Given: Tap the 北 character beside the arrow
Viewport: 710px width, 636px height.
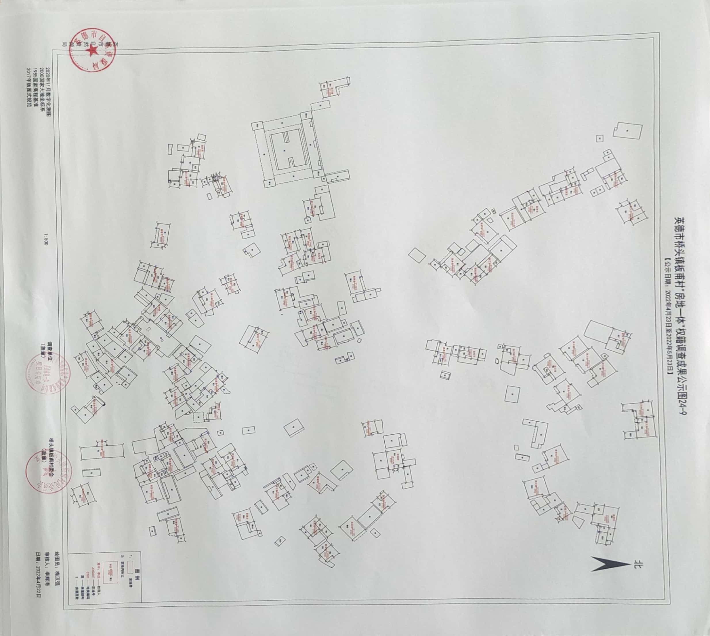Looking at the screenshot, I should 638,564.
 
